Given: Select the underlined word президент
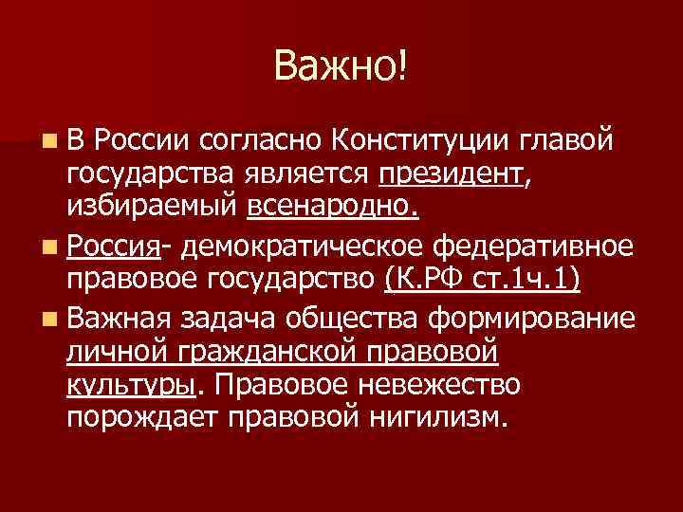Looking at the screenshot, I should click(450, 174).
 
